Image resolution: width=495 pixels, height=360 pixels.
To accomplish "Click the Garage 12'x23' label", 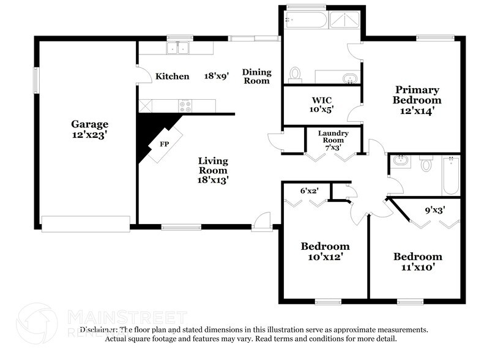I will tap(89, 130).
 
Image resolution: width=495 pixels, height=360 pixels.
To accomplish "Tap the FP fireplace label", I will tap(163, 144).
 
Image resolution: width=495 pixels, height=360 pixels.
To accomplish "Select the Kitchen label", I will tap(172, 77).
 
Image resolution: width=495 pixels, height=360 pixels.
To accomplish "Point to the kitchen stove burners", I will tap(184, 105).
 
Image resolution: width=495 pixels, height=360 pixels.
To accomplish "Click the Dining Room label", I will tap(257, 76).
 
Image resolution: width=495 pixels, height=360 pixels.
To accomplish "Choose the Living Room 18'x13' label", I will tap(213, 170).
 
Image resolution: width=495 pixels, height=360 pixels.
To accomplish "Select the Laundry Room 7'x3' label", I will tap(333, 140).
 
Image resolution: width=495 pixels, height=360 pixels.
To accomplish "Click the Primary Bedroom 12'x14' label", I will tap(417, 100).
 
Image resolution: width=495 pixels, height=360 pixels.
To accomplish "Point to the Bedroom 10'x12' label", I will tap(325, 251).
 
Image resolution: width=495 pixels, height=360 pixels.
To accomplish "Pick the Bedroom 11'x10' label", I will tap(417, 261).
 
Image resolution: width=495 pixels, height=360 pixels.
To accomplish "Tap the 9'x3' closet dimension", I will tap(434, 210).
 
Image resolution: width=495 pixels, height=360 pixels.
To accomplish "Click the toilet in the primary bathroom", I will tap(295, 73).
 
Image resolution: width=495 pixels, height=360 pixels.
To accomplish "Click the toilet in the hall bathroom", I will tap(426, 164).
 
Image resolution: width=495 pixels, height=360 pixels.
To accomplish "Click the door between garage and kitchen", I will tap(143, 75).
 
